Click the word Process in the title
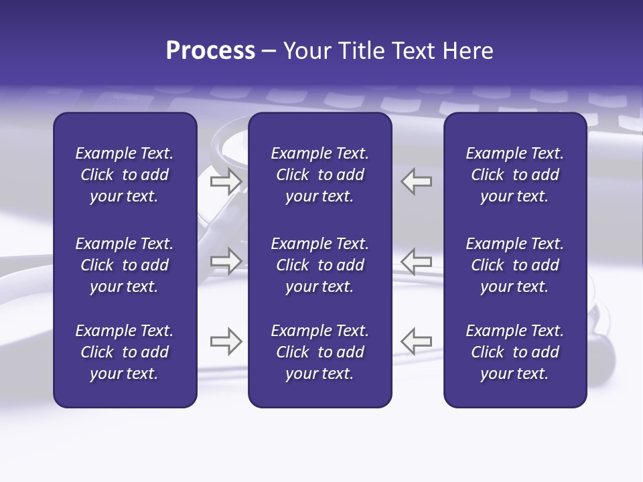(210, 51)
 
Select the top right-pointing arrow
(226, 181)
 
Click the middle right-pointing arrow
(226, 261)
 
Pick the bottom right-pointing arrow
(226, 341)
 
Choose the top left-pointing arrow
(417, 181)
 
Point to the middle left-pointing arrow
(417, 261)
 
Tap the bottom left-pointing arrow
(417, 341)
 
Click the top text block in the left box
(125, 175)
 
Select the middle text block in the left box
(125, 265)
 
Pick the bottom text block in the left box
(125, 352)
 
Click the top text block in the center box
(319, 175)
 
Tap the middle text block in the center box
(319, 265)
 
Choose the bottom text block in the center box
(319, 352)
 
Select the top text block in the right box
(514, 175)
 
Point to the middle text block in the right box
(514, 265)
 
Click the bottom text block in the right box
(514, 352)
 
